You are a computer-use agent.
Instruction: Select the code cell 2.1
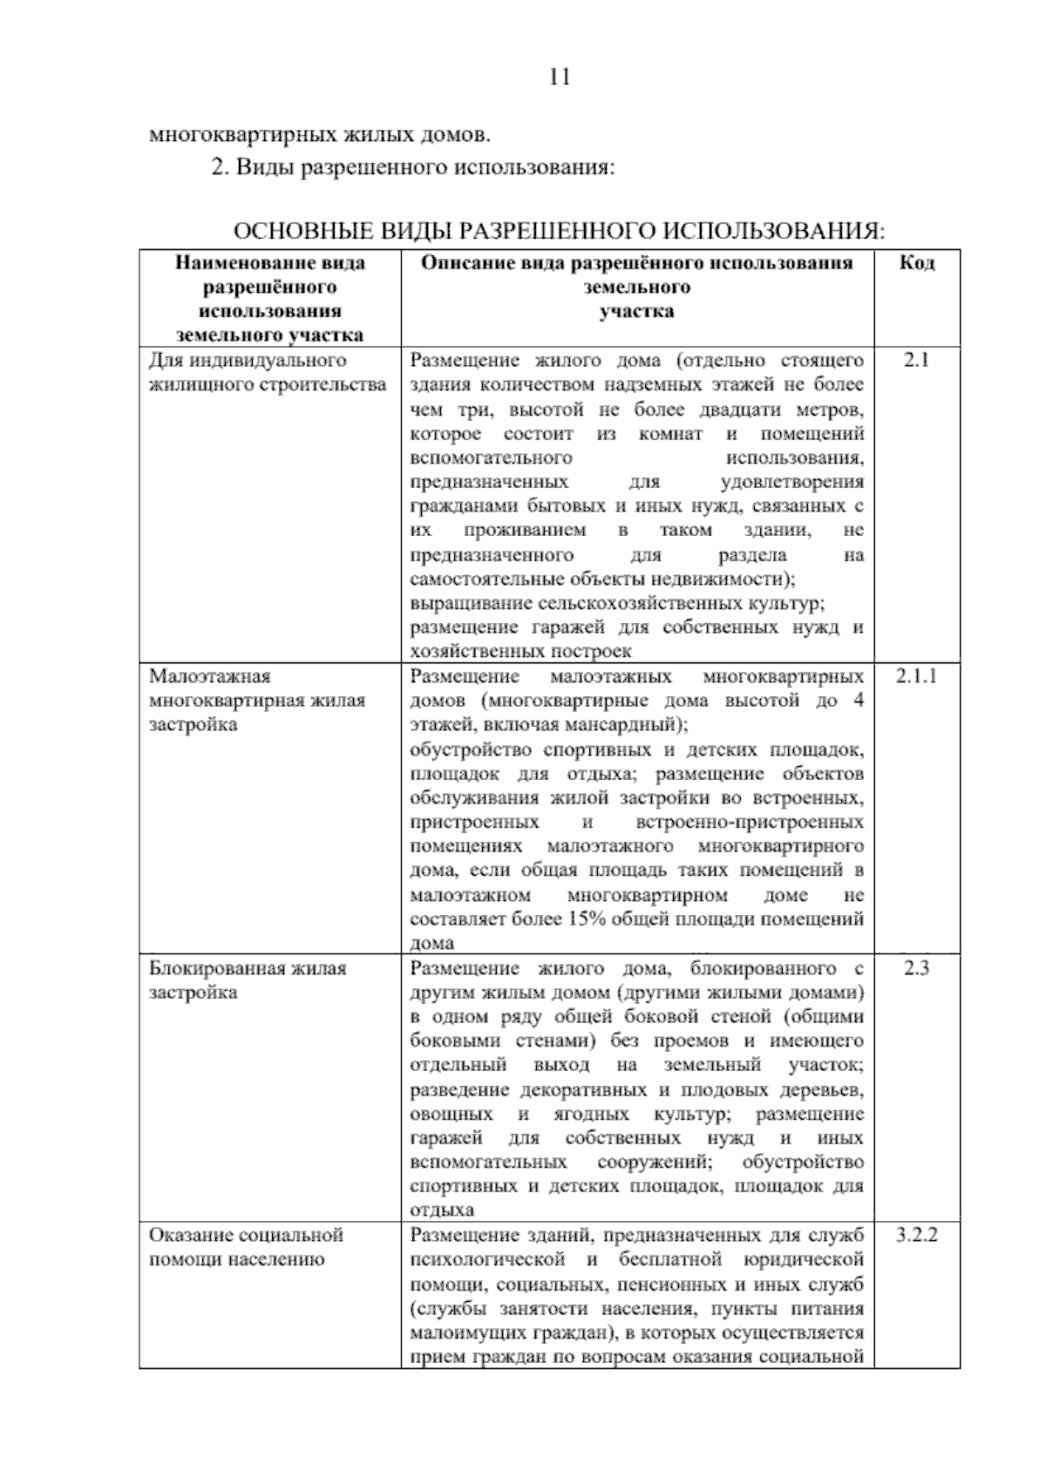916,360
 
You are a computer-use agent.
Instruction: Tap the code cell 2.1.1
916,675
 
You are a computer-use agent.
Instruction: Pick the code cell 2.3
916,967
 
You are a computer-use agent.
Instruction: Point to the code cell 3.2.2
916,1235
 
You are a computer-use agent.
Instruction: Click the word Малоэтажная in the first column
210,676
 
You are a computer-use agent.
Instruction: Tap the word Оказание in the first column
189,1235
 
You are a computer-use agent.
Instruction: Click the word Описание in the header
463,263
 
